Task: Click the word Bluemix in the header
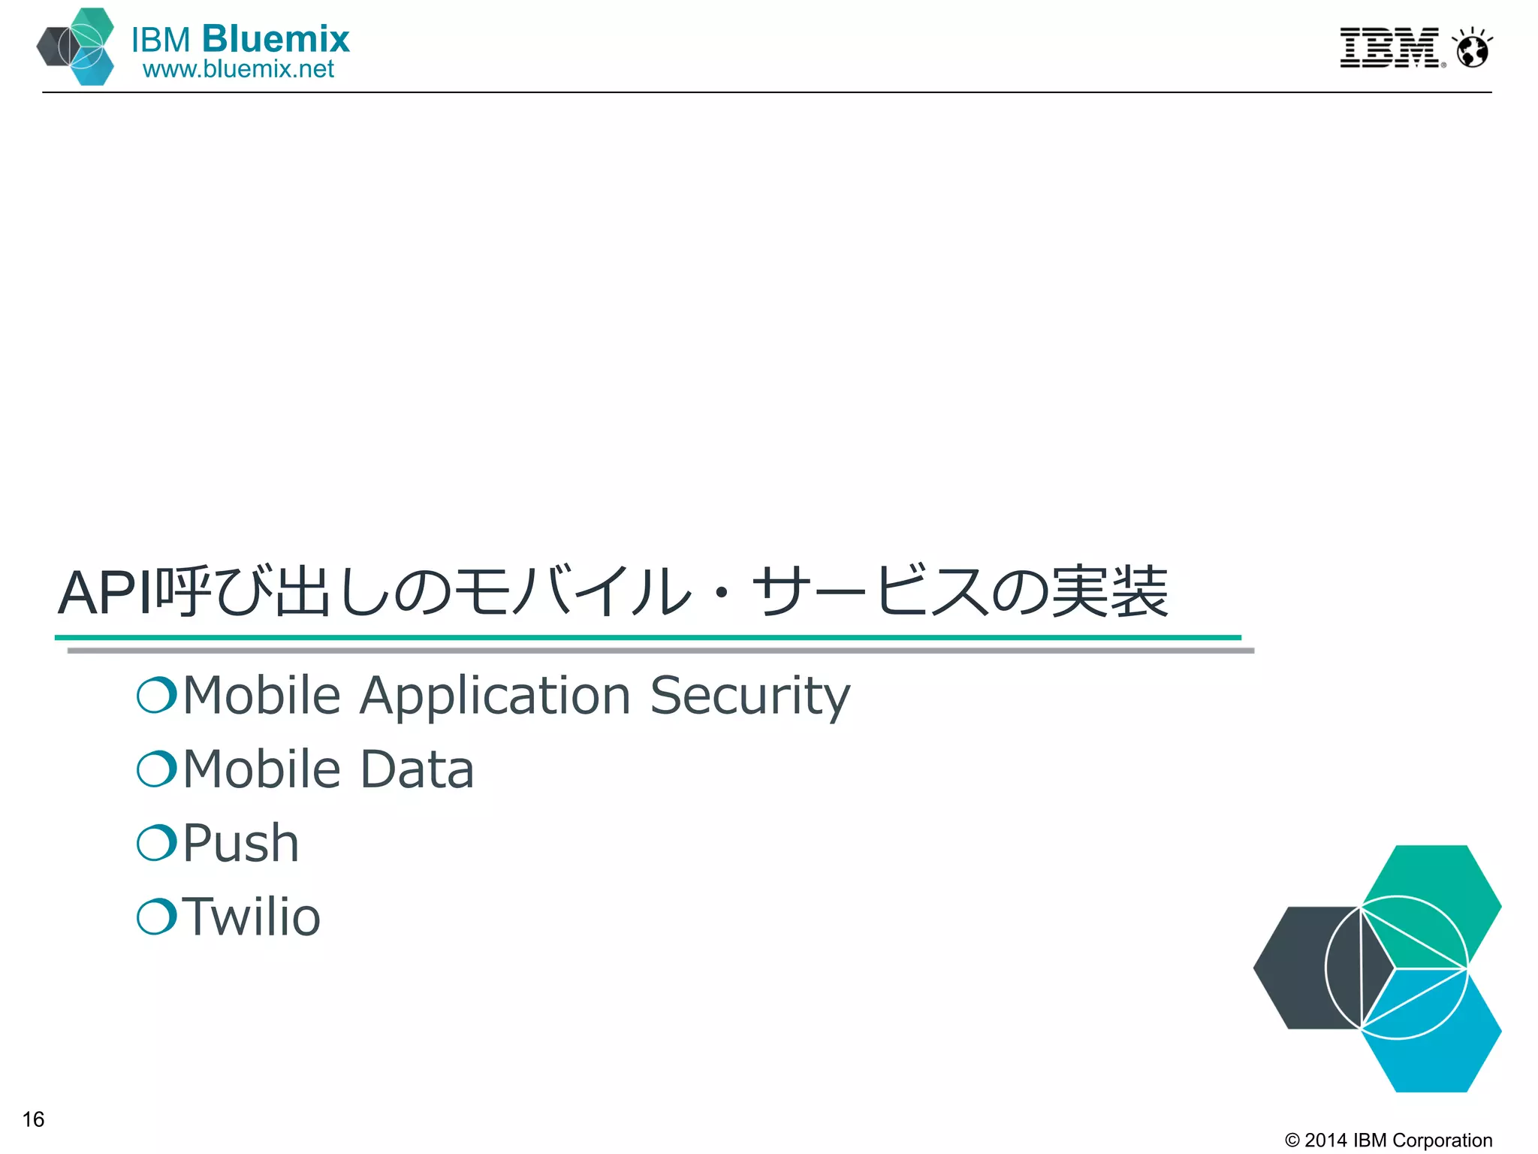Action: (276, 39)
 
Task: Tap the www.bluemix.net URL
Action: (238, 69)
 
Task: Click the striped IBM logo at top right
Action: (1390, 48)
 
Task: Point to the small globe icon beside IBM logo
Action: (1472, 50)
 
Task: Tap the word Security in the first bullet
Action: (749, 695)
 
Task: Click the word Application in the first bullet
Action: (495, 695)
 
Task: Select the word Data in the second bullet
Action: (418, 769)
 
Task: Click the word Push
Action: (241, 843)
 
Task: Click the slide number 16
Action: (34, 1119)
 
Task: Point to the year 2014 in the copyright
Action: (1325, 1140)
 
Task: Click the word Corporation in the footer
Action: (1442, 1140)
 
